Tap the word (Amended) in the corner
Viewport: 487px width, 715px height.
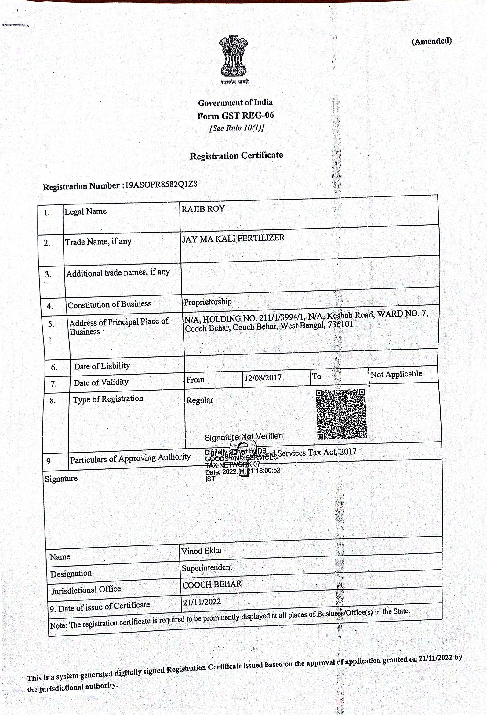coord(432,41)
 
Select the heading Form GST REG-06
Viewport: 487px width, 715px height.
coord(235,116)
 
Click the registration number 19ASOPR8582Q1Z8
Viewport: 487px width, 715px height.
coord(161,185)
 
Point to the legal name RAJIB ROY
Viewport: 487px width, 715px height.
coord(203,209)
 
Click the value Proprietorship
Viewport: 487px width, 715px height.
coord(208,302)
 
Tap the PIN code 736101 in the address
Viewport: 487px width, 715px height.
coord(340,324)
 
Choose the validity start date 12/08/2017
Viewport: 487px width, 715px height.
coord(263,377)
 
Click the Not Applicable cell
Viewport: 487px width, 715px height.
coord(396,374)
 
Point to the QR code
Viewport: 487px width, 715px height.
coord(341,414)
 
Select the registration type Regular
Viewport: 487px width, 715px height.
coord(200,400)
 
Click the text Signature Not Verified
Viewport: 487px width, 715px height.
coord(244,437)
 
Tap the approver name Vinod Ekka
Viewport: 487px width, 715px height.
coord(202,551)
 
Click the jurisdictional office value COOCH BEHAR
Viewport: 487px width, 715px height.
coord(212,584)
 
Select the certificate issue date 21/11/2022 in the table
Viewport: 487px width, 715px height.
coord(202,601)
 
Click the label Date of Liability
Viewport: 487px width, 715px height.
coord(102,366)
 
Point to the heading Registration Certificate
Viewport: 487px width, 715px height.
coord(236,155)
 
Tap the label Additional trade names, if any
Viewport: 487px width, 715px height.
coord(118,273)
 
